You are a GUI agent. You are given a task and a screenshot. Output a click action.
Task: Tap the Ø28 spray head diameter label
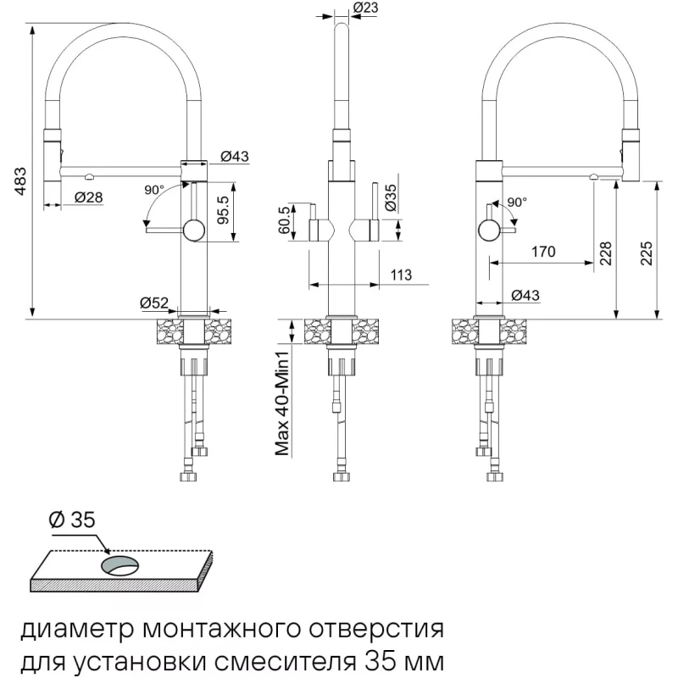89,197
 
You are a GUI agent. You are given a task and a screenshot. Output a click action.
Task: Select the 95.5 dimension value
223,209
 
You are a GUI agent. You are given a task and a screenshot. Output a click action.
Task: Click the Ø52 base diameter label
154,303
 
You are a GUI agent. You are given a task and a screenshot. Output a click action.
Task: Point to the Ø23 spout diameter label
366,8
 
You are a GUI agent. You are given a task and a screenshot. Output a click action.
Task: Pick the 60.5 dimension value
284,220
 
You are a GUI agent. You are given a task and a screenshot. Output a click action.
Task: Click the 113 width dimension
401,275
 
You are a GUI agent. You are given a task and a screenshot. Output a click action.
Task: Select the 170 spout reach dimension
543,251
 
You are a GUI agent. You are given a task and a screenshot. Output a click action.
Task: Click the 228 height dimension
605,253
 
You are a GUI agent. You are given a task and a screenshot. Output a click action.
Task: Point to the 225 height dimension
646,253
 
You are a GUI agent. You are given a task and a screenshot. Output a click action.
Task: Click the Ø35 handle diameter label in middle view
390,197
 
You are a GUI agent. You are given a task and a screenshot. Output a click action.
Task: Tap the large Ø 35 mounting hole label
72,520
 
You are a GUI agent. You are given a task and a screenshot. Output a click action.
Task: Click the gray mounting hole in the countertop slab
120,566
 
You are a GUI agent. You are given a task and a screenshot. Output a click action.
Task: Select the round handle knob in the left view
194,231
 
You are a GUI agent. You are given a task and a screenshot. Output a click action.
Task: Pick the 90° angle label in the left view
154,189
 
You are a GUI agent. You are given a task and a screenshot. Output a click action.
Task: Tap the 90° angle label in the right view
517,202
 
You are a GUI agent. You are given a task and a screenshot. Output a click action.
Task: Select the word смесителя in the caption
285,662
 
